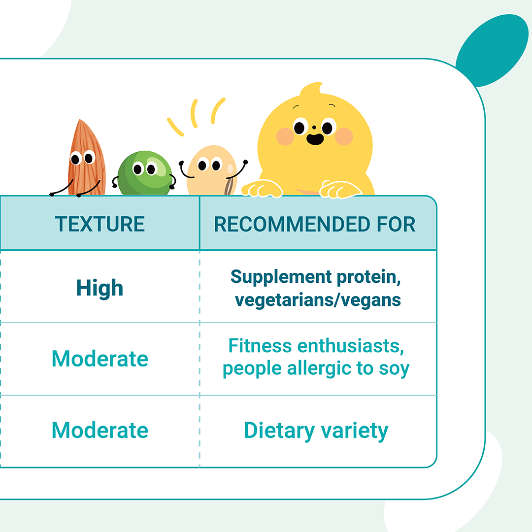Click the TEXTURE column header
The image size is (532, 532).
tap(100, 224)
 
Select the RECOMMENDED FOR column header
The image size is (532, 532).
tap(314, 224)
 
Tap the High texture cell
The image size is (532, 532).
tap(100, 288)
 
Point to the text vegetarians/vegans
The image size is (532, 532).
tap(318, 300)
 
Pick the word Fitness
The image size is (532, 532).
tap(260, 346)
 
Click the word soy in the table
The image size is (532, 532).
tap(394, 369)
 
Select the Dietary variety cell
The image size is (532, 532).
tap(316, 431)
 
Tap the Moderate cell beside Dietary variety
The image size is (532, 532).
tap(100, 430)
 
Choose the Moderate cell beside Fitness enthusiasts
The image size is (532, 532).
tap(100, 359)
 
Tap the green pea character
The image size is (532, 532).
tap(145, 173)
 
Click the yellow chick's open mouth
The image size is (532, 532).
tap(315, 139)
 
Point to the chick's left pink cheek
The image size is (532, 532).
tap(285, 136)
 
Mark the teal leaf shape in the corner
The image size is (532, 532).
tap(492, 50)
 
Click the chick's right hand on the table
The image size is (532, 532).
tap(340, 189)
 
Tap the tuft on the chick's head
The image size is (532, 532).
tap(312, 88)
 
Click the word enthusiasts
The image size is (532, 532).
tap(351, 346)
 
